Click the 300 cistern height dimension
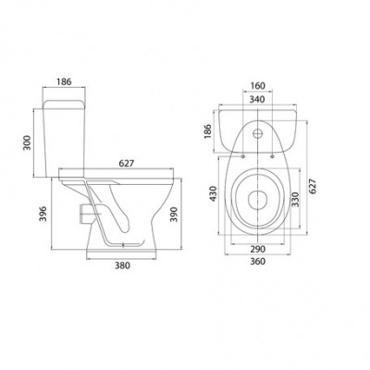coord(28,142)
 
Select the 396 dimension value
coord(43,214)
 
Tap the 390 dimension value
coord(174,214)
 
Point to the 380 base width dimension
coord(122,265)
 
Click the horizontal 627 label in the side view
coord(127,163)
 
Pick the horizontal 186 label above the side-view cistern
coord(64,81)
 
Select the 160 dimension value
coord(257,86)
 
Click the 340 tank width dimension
coord(257,100)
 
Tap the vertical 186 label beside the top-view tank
coord(209,131)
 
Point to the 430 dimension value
coord(213,193)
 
